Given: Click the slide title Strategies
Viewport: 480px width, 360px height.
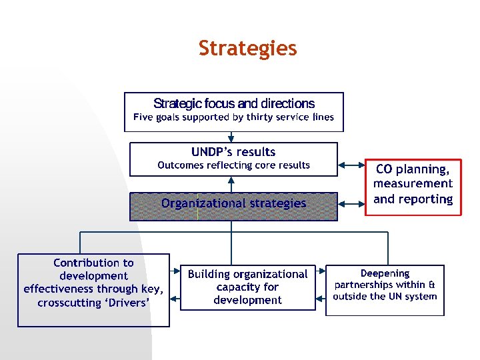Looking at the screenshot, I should tap(247, 49).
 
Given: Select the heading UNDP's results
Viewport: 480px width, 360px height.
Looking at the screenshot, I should tap(233, 152).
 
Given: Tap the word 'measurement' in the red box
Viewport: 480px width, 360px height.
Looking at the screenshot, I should tap(413, 183).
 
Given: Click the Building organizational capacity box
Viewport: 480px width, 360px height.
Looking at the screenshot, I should tap(247, 287).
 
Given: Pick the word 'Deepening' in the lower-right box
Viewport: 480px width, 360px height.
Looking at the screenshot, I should tap(385, 273).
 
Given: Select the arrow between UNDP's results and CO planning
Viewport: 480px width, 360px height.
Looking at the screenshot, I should tap(351, 165).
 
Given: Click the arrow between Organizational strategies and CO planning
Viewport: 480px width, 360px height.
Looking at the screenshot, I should tap(351, 203).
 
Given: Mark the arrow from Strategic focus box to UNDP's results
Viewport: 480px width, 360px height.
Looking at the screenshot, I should tap(231, 137).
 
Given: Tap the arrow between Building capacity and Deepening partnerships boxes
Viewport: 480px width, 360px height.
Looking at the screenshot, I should tap(321, 271).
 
